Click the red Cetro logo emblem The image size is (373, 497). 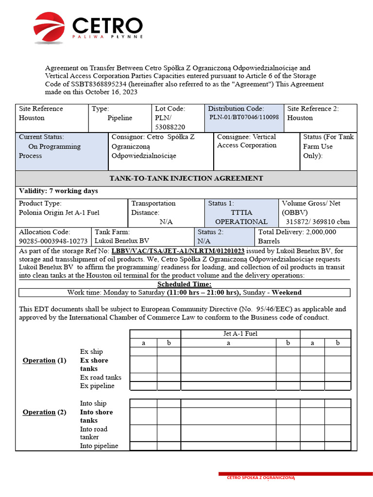click(x=49, y=27)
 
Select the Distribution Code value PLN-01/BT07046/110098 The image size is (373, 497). click(x=244, y=117)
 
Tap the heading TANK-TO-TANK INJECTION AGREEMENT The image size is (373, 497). click(x=186, y=178)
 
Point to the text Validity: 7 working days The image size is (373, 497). click(x=58, y=191)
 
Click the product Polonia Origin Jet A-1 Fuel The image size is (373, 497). click(x=59, y=213)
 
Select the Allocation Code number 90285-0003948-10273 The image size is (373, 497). click(x=53, y=241)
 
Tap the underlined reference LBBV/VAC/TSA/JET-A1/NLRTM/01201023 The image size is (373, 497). click(x=178, y=251)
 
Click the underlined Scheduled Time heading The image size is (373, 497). click(x=184, y=284)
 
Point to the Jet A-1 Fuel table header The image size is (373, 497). click(x=240, y=333)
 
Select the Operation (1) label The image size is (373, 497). click(x=44, y=361)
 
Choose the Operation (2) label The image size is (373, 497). click(x=44, y=412)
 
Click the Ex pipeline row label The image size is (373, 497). click(x=97, y=386)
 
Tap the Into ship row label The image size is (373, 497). click(x=93, y=403)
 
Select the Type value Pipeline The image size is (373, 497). click(x=119, y=118)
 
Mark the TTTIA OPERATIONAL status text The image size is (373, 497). click(x=241, y=217)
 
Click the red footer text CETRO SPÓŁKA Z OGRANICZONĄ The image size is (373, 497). click(x=261, y=478)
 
